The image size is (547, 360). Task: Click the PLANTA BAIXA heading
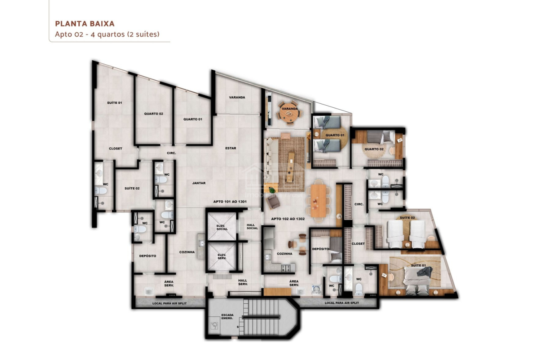coord(85,24)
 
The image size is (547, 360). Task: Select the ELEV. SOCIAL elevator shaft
coord(222,227)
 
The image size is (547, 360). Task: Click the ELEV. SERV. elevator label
coord(222,257)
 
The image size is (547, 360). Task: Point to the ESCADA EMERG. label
coord(227,316)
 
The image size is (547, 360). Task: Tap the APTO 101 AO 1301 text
coord(230,202)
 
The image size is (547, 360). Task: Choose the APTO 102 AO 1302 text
coord(288,219)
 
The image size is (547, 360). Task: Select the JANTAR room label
coord(199,183)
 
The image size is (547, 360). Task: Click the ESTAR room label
coord(230,148)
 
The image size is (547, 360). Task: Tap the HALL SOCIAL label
coord(252,226)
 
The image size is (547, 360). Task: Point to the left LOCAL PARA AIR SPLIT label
coord(170,303)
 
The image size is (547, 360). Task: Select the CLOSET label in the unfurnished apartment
coord(115,149)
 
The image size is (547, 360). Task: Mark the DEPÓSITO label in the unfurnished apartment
coord(148,256)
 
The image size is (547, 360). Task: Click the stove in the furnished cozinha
coord(286,268)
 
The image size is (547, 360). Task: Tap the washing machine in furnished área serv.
coord(316,290)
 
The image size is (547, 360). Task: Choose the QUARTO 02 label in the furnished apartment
coord(374,149)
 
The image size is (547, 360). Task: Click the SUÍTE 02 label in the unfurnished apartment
coord(132,189)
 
